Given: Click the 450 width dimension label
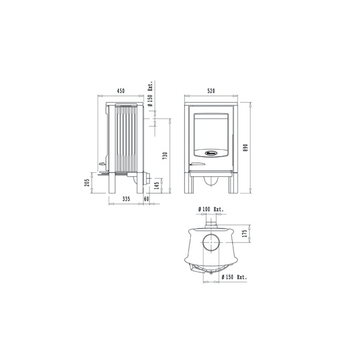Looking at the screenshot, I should (120, 92).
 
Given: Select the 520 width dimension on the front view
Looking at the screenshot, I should (211, 92).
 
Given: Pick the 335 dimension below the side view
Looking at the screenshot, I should (125, 198).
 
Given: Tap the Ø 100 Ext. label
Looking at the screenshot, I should (211, 209).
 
